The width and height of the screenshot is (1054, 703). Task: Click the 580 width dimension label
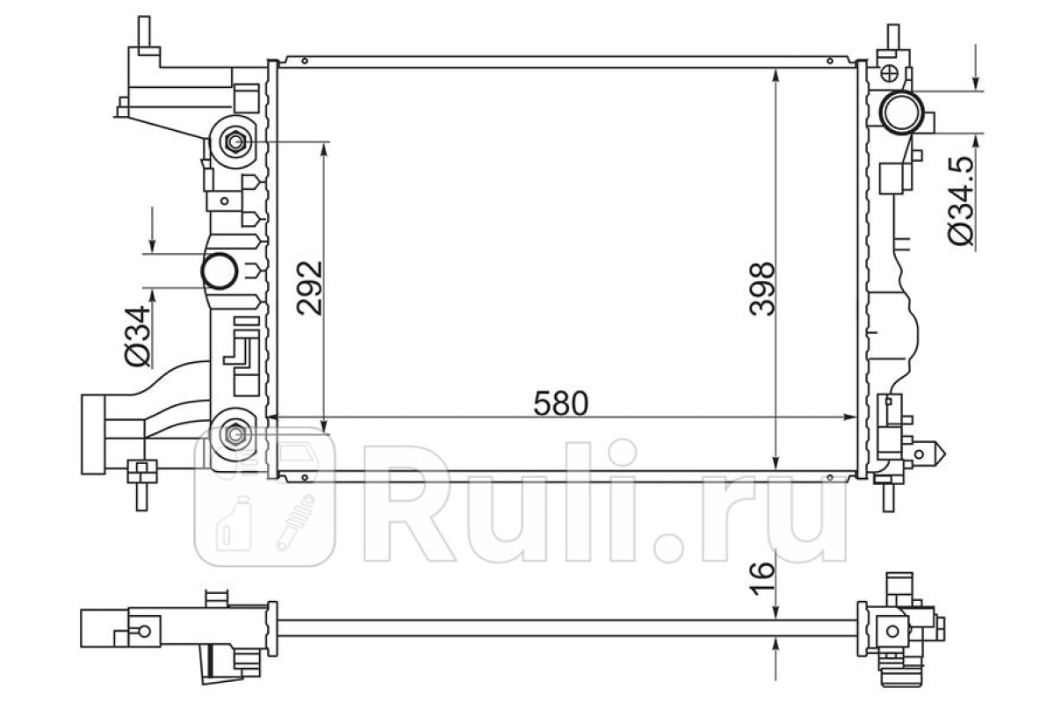click(x=561, y=403)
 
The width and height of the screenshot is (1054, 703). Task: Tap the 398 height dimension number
click(x=762, y=288)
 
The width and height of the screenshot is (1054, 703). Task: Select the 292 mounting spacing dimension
click(x=310, y=287)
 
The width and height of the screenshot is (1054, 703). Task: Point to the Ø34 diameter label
click(x=137, y=336)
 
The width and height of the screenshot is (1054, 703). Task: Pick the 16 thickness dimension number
click(x=762, y=579)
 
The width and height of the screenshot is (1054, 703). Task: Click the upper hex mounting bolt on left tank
click(x=235, y=141)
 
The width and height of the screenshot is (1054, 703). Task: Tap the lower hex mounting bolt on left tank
click(x=235, y=434)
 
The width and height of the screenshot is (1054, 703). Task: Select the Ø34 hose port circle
click(x=220, y=271)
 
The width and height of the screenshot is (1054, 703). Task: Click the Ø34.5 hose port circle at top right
click(x=901, y=113)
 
